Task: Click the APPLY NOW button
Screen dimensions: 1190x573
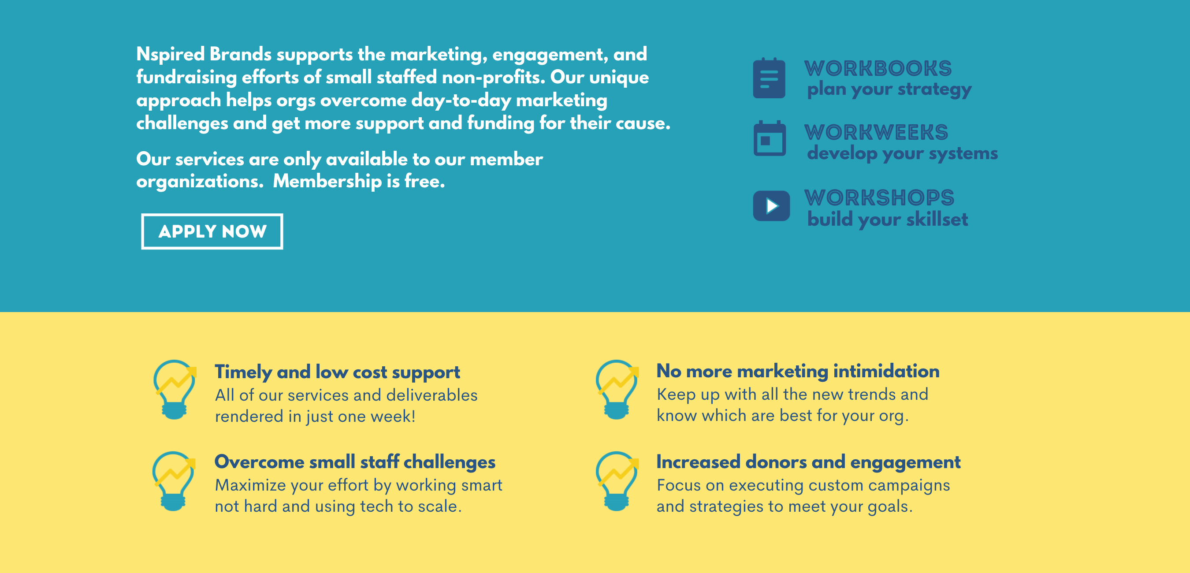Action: coord(212,231)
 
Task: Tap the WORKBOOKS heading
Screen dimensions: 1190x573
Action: coord(878,68)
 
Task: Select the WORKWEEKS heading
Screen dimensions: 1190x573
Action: coord(876,132)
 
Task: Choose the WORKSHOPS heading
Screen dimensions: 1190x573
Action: coord(879,197)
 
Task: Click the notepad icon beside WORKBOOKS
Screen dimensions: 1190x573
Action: coord(769,78)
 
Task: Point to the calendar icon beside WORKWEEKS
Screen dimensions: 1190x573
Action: coord(770,138)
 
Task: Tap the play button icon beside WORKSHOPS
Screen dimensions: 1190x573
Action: coord(771,206)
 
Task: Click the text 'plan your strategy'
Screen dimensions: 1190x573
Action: coord(889,89)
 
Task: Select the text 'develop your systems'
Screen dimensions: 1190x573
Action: coord(902,154)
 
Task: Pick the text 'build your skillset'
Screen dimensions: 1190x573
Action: coord(887,220)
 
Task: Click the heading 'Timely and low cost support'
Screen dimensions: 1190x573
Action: coord(337,372)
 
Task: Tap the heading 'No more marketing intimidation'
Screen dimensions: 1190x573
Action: coord(798,371)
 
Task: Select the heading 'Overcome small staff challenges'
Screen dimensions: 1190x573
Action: coord(355,462)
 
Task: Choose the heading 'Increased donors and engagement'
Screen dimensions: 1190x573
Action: coord(808,462)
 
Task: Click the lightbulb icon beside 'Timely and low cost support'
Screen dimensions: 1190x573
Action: coord(175,390)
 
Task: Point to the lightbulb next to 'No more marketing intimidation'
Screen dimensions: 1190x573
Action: coord(617,390)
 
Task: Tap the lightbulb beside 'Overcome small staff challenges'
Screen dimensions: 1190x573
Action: coord(174,481)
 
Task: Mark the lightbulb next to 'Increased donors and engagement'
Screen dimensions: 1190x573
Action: coord(617,481)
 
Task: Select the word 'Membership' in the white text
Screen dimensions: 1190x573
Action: coord(327,181)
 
